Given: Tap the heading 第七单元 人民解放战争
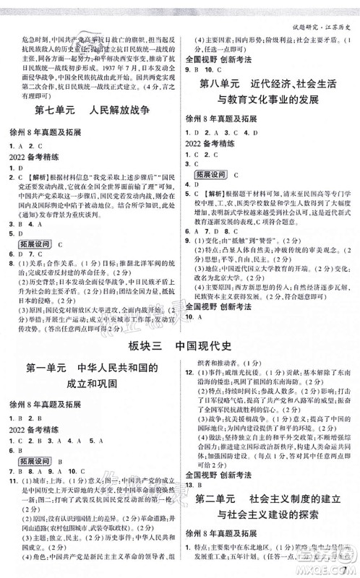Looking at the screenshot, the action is coord(90,112).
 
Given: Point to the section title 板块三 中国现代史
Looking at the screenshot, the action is coord(179,344).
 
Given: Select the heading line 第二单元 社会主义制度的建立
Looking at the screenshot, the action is coord(272,500).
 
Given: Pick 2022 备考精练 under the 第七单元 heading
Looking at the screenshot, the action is coord(35,155).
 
